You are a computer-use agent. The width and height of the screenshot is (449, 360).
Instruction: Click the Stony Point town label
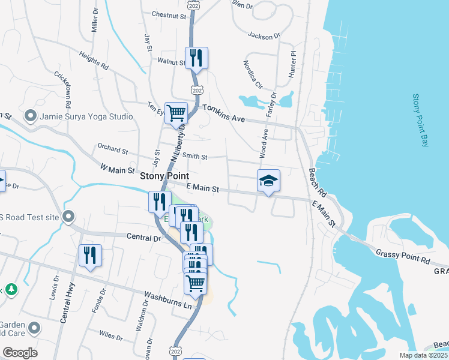coord(164,176)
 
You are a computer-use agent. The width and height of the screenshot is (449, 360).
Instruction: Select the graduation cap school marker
coord(268,181)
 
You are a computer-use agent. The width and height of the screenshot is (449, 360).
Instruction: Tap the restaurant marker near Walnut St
coord(196,58)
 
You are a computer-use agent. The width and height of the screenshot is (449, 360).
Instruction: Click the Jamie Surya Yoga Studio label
coord(86,116)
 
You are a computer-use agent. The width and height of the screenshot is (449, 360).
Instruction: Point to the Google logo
coord(20,353)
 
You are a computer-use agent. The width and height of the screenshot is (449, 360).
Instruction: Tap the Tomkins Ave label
coord(224,113)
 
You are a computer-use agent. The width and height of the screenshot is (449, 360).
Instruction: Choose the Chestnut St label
coord(169,14)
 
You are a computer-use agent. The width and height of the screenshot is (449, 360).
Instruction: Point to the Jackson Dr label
coord(264,36)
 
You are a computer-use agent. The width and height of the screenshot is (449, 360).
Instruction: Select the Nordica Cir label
coord(253,74)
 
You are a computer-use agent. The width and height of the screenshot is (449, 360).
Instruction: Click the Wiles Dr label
coord(111,336)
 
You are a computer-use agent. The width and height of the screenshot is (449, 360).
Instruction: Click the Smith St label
coord(194,157)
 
